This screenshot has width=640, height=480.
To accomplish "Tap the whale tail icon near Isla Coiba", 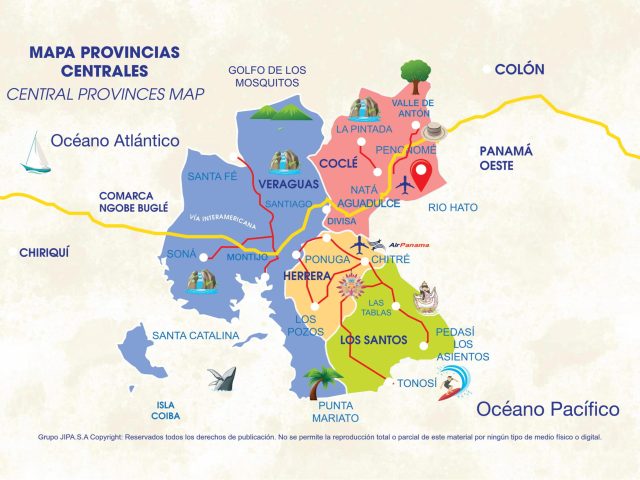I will pos(221,376).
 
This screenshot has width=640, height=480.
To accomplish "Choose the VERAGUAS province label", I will pos(289,185).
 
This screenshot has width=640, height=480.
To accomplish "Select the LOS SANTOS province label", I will pos(373,340).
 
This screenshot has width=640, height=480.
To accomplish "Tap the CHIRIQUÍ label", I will pos(48,253).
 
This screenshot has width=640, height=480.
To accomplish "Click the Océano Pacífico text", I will pos(547,409).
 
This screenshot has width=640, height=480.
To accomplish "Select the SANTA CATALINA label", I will pos(195,335).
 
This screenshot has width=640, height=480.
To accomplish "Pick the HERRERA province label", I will pos(307,276).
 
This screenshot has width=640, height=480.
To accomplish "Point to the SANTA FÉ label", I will pos(213,177).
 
